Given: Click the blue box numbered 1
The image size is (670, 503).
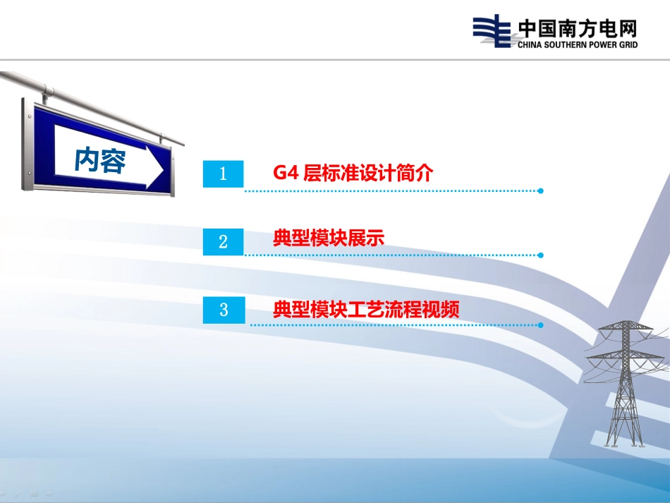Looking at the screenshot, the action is pos(223,174).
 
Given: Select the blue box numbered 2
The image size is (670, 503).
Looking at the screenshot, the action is pos(223,242).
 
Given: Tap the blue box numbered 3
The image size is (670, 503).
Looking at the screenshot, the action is pos(224,310).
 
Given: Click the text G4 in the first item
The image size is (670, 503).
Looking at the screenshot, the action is pos(286,173).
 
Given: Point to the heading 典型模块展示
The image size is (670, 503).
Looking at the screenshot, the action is pos(329,238).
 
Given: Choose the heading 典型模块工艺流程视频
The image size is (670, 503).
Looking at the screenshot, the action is pos(366,310).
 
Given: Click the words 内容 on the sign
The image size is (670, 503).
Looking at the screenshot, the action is pos(100,160).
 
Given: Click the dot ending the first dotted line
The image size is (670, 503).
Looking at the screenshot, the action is pos(540,191).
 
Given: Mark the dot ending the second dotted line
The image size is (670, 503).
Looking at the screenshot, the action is pos(540,255).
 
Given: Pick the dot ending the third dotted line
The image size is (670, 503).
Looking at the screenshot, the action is pos(540,325).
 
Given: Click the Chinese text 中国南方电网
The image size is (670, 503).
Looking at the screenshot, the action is pos(578,29).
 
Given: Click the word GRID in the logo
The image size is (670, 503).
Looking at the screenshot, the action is pos(628,44).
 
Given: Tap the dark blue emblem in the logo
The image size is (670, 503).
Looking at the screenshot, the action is pos(492,31).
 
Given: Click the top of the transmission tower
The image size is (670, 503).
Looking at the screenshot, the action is pos(625,322).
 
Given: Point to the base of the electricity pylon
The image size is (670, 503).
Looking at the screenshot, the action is pos(624,444).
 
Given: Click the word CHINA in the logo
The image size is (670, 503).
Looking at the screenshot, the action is pos(530,44).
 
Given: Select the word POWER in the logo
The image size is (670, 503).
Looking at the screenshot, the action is pos(603,44).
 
